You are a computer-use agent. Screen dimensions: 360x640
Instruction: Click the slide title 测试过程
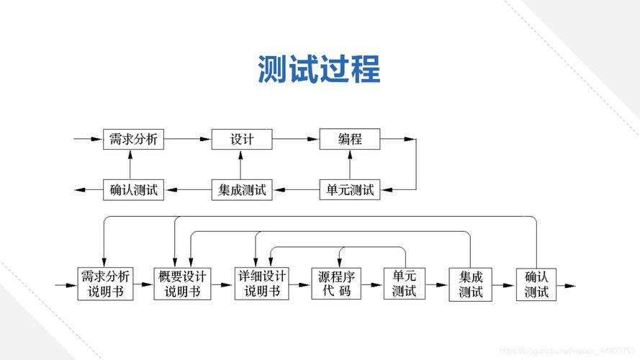coord(319,70)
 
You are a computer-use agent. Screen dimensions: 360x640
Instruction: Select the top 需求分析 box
coord(133,139)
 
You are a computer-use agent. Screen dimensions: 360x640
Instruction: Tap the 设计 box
coord(242,139)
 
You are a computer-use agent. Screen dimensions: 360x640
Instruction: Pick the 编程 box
coord(350,139)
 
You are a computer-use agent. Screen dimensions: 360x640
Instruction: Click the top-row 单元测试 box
coord(350,190)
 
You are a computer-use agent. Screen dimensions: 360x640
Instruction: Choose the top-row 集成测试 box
coord(242,190)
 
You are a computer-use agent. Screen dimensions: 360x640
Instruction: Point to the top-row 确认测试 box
coord(133,190)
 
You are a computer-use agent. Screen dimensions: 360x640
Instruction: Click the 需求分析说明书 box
coord(105,284)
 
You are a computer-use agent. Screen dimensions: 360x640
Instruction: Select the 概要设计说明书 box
coord(182,284)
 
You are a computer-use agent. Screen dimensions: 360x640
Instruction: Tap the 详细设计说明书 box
coord(263,284)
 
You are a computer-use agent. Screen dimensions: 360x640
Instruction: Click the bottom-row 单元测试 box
coord(405,284)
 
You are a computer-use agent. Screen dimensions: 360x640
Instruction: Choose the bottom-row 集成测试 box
coord(470,284)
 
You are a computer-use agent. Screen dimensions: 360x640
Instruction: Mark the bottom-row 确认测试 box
coord(536,284)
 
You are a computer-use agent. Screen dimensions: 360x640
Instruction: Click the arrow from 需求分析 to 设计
coord(187,139)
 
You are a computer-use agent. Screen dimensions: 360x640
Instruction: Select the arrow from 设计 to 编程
coord(296,139)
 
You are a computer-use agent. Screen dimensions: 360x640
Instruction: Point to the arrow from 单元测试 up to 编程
coord(350,165)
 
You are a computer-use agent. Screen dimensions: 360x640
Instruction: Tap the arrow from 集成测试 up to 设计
coord(242,165)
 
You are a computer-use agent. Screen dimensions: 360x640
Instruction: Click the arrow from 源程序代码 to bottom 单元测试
coord(373,285)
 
